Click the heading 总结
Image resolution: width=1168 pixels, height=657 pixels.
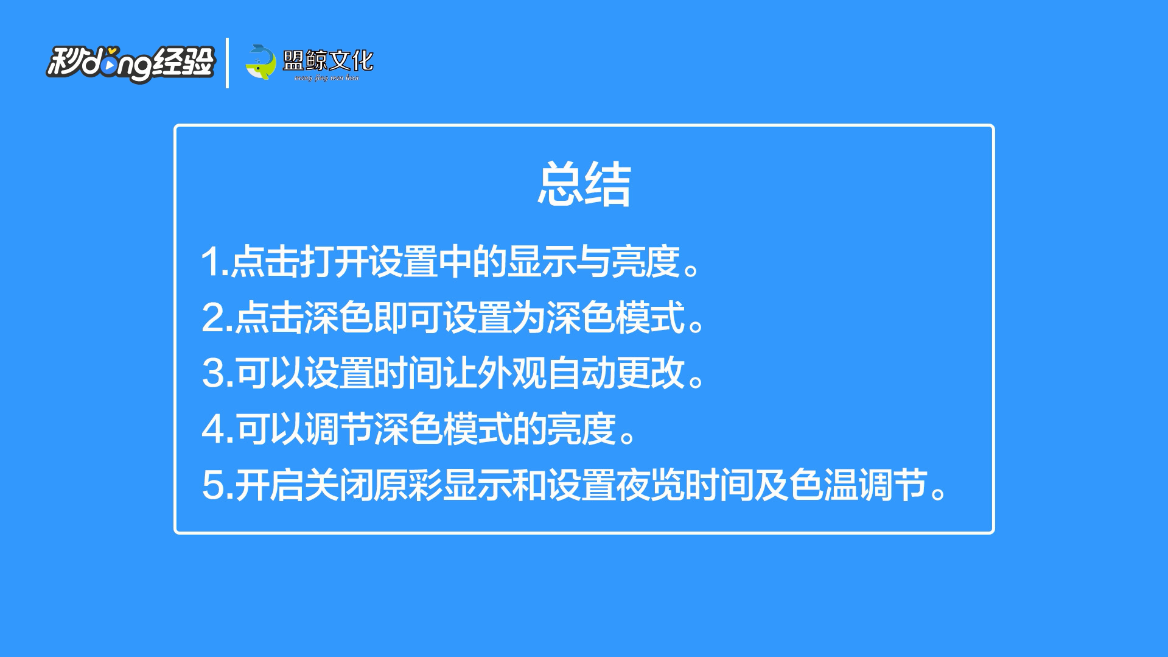pyautogui.click(x=584, y=184)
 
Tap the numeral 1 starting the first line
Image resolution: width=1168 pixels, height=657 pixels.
pyautogui.click(x=211, y=262)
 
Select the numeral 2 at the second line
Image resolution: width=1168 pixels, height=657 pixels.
pyautogui.click(x=212, y=318)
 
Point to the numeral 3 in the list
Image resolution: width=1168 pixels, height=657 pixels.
pyautogui.click(x=212, y=373)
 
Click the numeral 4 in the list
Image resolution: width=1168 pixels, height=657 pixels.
pyautogui.click(x=213, y=429)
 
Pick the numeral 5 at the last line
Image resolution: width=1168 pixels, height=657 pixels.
pyautogui.click(x=212, y=485)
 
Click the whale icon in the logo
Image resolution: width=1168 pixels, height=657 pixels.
pyautogui.click(x=261, y=62)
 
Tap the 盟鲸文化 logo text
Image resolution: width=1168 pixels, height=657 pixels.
pyautogui.click(x=328, y=60)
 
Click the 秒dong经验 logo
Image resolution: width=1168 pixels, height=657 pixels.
pyautogui.click(x=131, y=63)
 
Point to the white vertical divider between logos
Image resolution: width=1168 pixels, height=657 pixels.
pyautogui.click(x=227, y=63)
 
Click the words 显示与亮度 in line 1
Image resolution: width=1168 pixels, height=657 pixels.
pyautogui.click(x=593, y=262)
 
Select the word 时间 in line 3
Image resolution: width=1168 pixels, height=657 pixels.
pyautogui.click(x=408, y=373)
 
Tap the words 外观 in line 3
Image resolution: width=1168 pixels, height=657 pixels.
pyautogui.click(x=512, y=373)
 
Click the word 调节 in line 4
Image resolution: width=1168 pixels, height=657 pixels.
pyautogui.click(x=338, y=429)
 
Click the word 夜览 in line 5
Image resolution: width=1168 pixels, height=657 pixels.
pyautogui.click(x=651, y=485)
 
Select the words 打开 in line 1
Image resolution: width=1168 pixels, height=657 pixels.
pyautogui.click(x=334, y=262)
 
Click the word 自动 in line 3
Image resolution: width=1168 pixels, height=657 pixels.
pyautogui.click(x=581, y=373)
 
